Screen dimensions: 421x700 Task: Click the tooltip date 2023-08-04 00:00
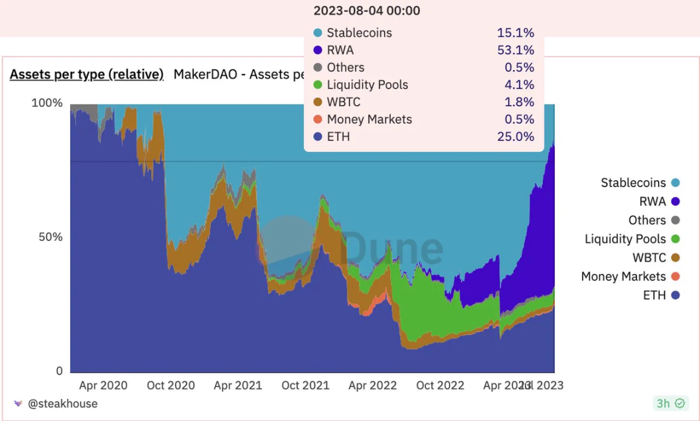[x=366, y=11]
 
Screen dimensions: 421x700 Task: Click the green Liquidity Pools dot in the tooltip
[x=317, y=85]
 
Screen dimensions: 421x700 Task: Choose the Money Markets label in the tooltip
[x=369, y=119]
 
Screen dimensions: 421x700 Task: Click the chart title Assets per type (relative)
[x=86, y=74]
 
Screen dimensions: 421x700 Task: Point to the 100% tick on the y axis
[x=47, y=103]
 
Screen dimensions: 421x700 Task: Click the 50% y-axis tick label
[x=50, y=237]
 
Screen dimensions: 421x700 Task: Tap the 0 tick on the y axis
[x=59, y=371]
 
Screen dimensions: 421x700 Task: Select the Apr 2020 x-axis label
[x=103, y=385]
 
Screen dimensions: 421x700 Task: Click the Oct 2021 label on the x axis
[x=305, y=385]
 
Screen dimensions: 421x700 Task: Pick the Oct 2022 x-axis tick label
[x=440, y=385]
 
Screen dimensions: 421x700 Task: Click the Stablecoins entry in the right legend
[x=633, y=183]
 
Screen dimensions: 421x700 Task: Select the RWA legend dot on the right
[x=675, y=202]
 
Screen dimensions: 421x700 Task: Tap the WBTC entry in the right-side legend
[x=649, y=258]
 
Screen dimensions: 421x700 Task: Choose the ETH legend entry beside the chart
[x=654, y=295]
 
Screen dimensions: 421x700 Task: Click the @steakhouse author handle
[x=63, y=404]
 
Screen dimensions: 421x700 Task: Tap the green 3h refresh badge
[x=670, y=404]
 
